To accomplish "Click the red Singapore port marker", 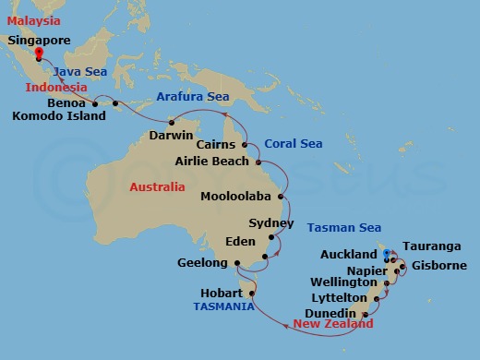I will (x=38, y=54).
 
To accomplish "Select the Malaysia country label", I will (x=32, y=20).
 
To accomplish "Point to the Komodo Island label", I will (x=60, y=116).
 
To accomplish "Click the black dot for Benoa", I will (x=95, y=102).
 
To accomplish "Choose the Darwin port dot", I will (x=171, y=123).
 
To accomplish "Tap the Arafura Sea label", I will (x=193, y=96).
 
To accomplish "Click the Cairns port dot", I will (x=245, y=145).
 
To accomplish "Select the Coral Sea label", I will (x=294, y=144).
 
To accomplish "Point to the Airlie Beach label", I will (x=212, y=162).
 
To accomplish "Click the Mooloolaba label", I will (x=237, y=197).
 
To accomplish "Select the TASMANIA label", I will (x=223, y=306).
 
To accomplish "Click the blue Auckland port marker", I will (x=386, y=253).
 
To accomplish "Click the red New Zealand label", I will (x=333, y=325).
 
